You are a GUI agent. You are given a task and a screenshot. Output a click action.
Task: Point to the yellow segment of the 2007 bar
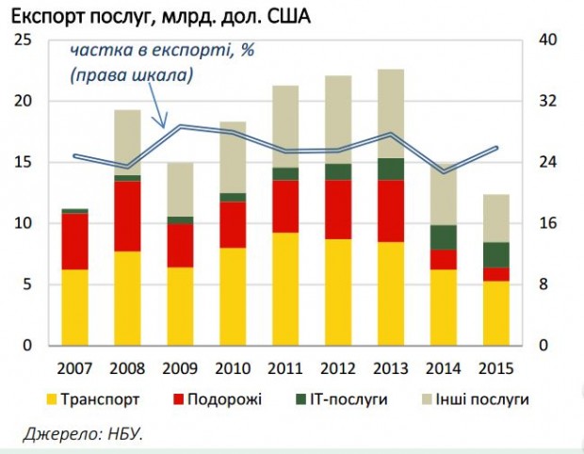pos(75,307)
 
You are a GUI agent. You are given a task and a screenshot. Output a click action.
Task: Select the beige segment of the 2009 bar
pos(180,189)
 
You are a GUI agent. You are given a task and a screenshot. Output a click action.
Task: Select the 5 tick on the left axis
pos(28,284)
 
